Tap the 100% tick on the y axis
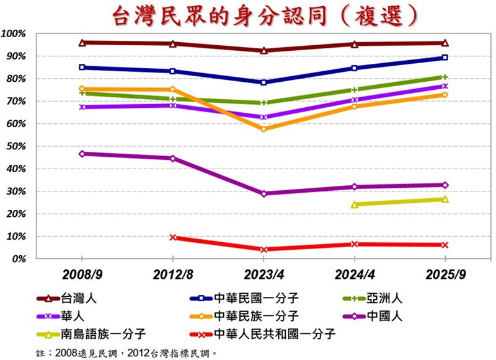pyautogui.click(x=14, y=33)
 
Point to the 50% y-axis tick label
pyautogui.click(x=16, y=146)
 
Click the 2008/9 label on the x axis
pyautogui.click(x=82, y=273)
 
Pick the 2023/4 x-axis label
pyautogui.click(x=263, y=273)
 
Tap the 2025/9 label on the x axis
pyautogui.click(x=445, y=273)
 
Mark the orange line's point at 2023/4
pyautogui.click(x=263, y=129)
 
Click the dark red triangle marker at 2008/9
pyautogui.click(x=82, y=43)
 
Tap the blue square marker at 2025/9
pyautogui.click(x=445, y=58)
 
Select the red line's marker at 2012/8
pyautogui.click(x=173, y=237)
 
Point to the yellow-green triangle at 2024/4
pyautogui.click(x=354, y=204)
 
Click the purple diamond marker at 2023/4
pyautogui.click(x=263, y=193)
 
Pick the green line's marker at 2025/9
pyautogui.click(x=445, y=77)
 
